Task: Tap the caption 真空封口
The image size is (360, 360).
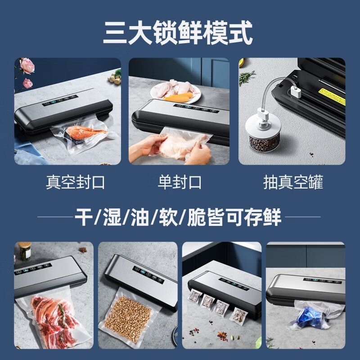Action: pyautogui.click(x=75, y=182)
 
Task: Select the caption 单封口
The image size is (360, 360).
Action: pyautogui.click(x=180, y=182)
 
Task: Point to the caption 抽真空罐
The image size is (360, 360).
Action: pyautogui.click(x=293, y=182)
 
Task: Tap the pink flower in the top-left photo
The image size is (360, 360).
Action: pyautogui.click(x=27, y=66)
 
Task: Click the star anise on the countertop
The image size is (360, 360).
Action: pyautogui.click(x=222, y=335)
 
